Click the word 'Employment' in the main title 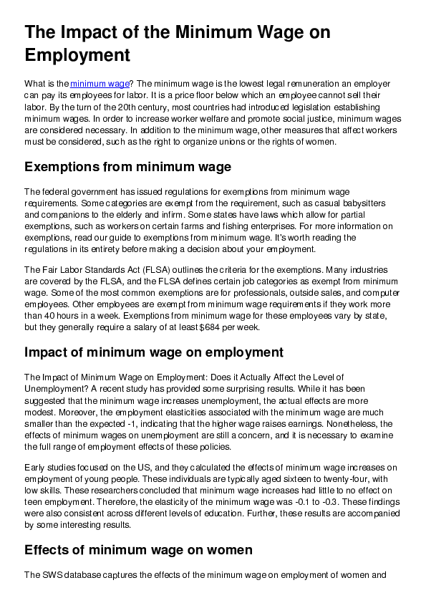[x=77, y=55]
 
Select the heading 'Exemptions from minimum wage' [x=127, y=168]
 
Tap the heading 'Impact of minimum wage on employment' [x=154, y=352]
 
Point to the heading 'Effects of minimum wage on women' [x=138, y=549]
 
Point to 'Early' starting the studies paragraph [x=35, y=468]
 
